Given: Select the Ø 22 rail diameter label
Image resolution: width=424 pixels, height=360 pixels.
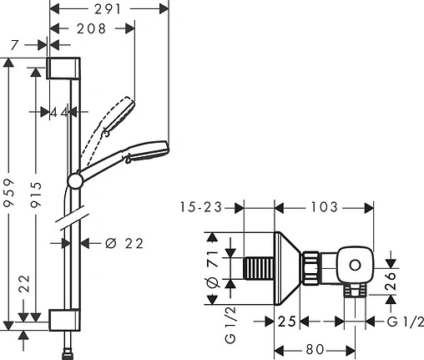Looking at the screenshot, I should tap(124, 243).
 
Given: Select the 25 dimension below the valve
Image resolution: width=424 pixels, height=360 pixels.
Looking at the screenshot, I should tap(288, 322).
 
